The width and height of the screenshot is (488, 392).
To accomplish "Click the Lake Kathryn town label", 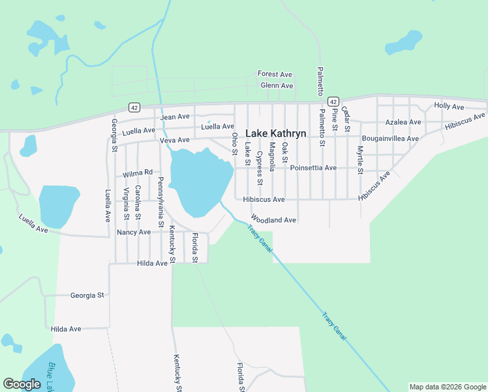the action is click(275, 133).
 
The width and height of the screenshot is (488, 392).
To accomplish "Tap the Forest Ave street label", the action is click(275, 74).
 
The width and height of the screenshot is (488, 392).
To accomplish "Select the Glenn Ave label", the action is click(277, 86).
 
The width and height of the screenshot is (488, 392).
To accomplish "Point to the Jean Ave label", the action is click(175, 117).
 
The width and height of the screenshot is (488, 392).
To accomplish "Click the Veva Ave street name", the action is click(174, 140).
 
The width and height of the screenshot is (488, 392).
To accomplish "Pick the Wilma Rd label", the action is click(137, 174).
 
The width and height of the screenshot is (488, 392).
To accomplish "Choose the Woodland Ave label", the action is click(273, 220).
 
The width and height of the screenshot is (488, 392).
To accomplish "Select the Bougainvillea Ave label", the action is click(390, 139).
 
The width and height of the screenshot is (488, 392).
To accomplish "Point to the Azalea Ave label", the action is click(402, 122).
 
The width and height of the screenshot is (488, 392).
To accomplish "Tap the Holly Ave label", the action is click(449, 106).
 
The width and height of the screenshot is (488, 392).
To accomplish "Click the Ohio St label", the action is click(234, 144).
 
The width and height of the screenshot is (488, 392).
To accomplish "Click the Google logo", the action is click(22, 384).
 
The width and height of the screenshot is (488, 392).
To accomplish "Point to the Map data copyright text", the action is click(448, 387).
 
